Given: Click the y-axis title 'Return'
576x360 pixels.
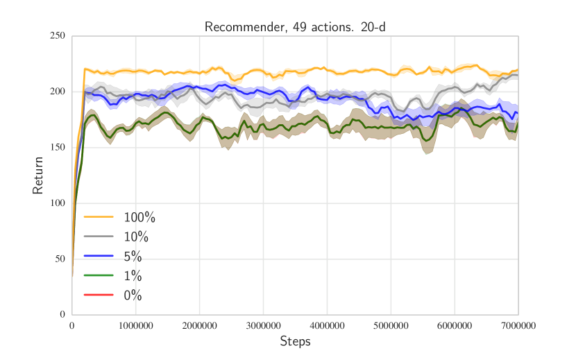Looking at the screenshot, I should [39, 175].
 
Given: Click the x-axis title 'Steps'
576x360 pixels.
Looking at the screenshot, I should [295, 341].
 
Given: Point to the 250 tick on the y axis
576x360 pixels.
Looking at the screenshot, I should [58, 36].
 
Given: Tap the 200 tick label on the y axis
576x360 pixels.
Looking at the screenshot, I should [58, 92].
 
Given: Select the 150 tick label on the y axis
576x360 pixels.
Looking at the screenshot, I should [58, 148].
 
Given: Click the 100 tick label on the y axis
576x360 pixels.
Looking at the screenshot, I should [58, 203].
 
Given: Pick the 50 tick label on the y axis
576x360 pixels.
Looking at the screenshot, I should [60, 259].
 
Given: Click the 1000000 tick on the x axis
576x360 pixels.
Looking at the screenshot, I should [136, 325].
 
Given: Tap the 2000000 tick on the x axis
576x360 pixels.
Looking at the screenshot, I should [200, 325].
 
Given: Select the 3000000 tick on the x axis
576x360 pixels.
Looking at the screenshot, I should [264, 325].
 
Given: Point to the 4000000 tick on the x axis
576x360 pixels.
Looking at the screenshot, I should [328, 325].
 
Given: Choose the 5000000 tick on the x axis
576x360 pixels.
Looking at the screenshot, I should [391, 325].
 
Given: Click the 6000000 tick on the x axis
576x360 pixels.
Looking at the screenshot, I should [455, 325].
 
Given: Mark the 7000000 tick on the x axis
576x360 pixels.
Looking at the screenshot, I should [518, 325].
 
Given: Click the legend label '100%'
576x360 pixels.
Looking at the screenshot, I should [139, 218].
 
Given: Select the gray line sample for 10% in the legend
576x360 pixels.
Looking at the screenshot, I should [99, 237].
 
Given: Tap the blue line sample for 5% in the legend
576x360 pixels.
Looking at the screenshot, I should [99, 257].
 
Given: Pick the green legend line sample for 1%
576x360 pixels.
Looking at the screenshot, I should [99, 276].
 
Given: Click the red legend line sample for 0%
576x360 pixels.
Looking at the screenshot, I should [99, 295].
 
